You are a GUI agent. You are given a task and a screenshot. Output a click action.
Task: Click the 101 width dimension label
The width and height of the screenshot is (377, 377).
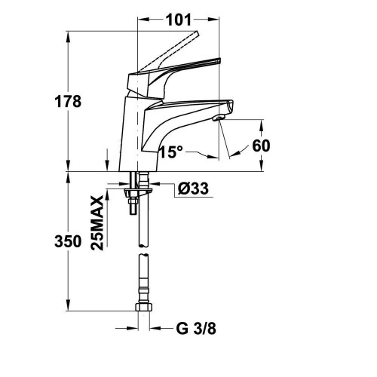click(x=179, y=20)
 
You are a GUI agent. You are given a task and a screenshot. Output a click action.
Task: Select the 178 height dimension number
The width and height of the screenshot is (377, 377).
click(x=68, y=102)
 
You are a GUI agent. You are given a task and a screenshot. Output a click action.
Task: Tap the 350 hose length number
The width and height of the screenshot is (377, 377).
click(x=68, y=241)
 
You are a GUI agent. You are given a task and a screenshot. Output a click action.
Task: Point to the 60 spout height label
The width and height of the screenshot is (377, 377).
click(x=261, y=146)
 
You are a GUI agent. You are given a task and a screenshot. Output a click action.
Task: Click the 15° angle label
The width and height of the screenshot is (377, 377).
click(x=171, y=152)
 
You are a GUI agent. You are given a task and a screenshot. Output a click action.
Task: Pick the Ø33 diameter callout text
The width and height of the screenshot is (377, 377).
click(x=193, y=188)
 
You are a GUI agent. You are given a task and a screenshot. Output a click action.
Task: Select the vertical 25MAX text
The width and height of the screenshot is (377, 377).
click(x=97, y=223)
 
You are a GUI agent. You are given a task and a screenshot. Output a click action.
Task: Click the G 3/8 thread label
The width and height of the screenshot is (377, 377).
click(x=196, y=328)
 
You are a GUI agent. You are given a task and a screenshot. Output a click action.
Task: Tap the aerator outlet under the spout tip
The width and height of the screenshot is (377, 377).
click(x=219, y=118)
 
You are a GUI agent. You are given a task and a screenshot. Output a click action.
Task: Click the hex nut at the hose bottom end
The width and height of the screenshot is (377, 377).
click(x=144, y=307)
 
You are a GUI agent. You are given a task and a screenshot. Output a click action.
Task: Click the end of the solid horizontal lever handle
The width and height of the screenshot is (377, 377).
click(x=219, y=60)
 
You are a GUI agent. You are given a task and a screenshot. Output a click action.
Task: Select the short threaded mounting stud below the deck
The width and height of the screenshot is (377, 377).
click(x=133, y=205)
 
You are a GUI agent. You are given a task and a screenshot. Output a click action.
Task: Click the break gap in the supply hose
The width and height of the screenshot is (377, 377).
click(x=143, y=250)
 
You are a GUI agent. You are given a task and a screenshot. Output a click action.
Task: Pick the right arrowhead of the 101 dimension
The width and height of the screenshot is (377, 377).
click(x=213, y=20)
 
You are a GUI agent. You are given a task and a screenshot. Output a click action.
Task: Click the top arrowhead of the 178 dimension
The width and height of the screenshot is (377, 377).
click(x=68, y=37)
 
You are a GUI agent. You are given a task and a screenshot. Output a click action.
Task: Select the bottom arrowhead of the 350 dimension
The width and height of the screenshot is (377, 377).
click(x=68, y=305)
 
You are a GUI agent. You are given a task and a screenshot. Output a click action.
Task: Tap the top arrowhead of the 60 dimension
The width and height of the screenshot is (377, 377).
click(x=262, y=126)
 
